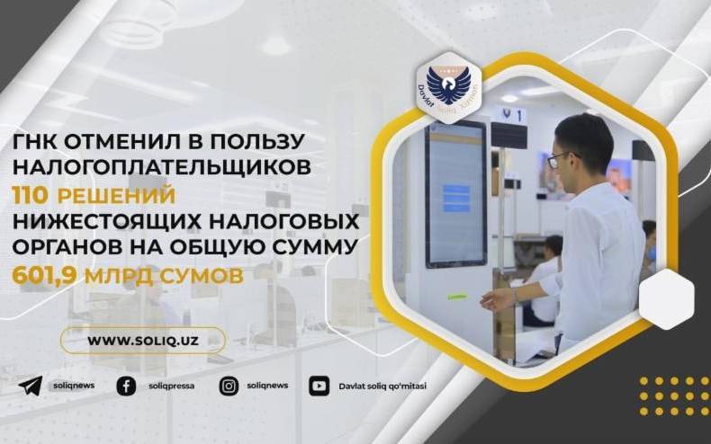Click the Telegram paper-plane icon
click(31, 386)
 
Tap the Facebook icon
click(126, 386)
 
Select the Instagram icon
click(229, 386)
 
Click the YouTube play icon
click(319, 386)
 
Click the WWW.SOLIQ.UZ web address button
click(143, 341)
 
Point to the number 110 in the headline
click(30, 195)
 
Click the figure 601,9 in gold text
click(44, 276)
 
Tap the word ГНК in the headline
click(34, 142)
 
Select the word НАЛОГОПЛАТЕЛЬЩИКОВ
click(161, 168)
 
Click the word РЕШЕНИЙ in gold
click(116, 195)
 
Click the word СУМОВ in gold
click(202, 276)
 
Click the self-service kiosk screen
click(455, 194)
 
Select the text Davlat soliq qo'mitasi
click(382, 386)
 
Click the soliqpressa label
click(171, 386)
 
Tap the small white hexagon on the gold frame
click(667, 298)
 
